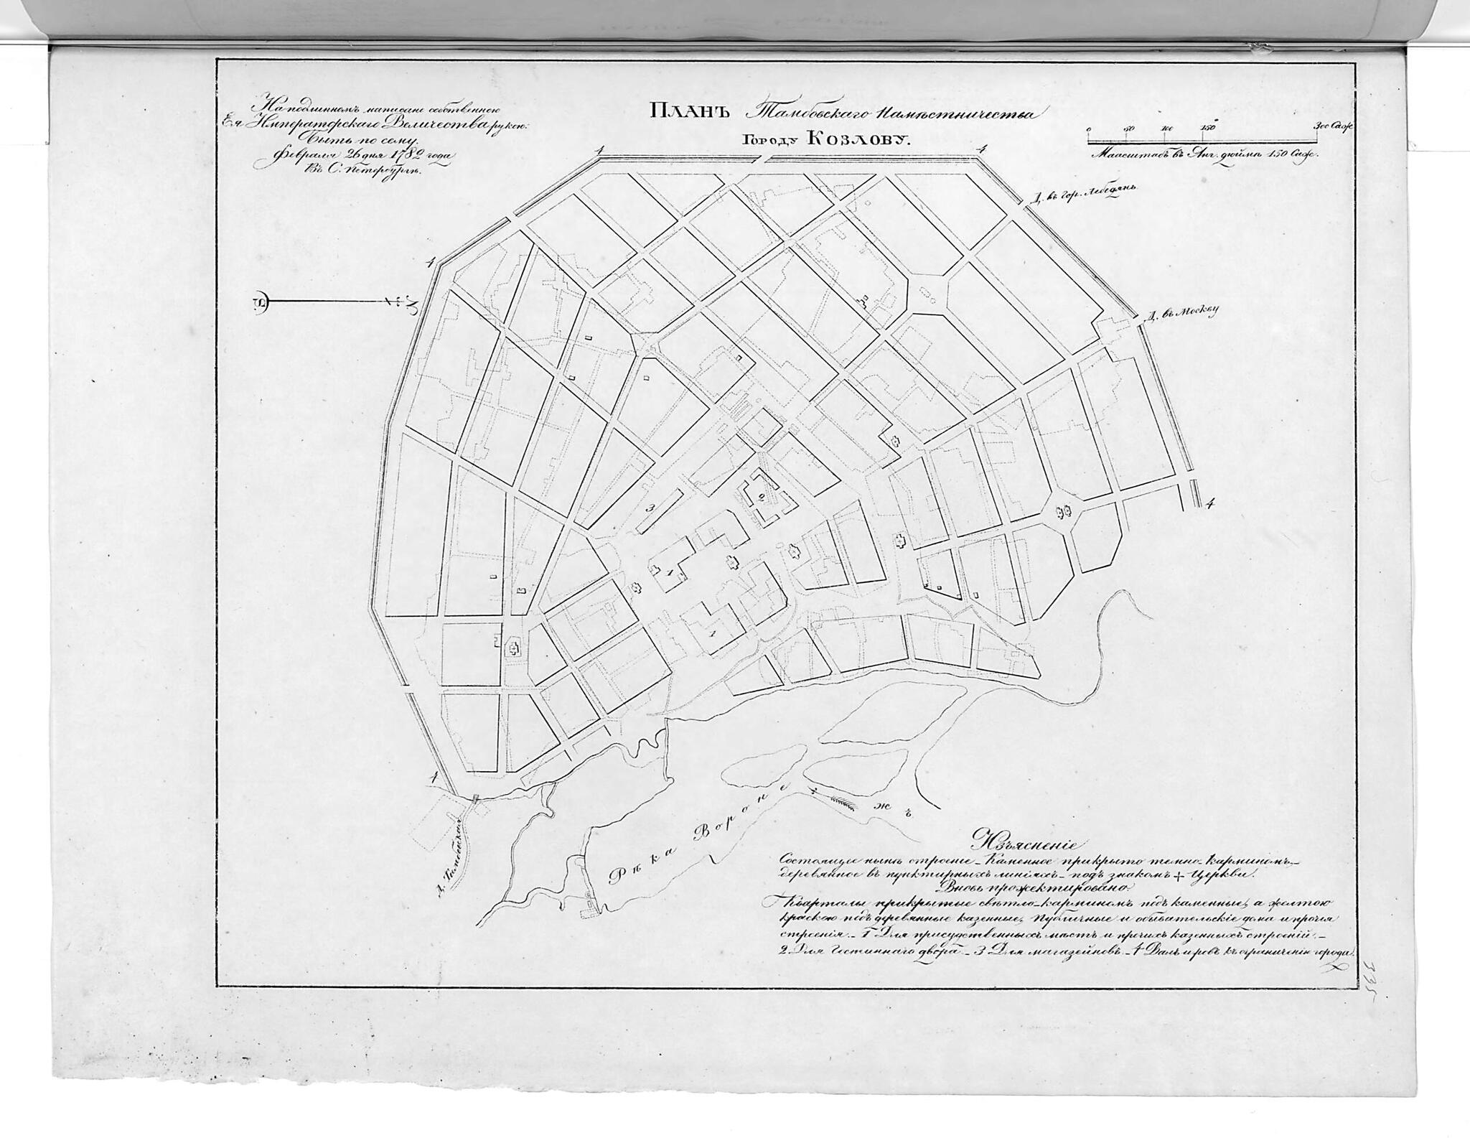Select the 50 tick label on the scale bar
pos(1128,129)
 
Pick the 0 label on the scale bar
pos(1089,129)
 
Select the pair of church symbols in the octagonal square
pos(1064,510)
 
